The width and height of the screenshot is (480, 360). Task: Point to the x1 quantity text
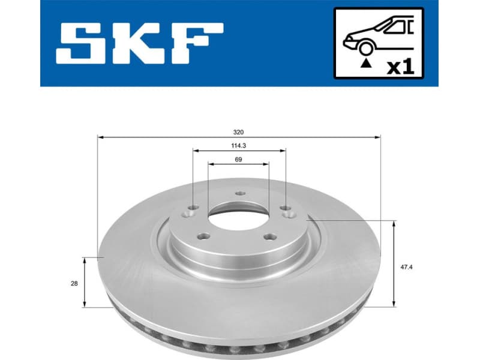[400, 67]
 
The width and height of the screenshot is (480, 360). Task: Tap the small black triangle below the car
[364, 62]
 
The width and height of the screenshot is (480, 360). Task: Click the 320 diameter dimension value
[239, 131]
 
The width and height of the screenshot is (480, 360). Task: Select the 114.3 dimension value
[239, 145]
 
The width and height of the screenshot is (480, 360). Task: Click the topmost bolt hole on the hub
[241, 193]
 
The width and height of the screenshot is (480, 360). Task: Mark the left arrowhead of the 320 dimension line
[100, 137]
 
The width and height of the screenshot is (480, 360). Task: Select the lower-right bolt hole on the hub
[269, 236]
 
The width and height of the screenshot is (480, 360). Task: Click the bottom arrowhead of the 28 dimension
[85, 304]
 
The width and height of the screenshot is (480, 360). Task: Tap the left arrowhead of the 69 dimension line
[210, 164]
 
